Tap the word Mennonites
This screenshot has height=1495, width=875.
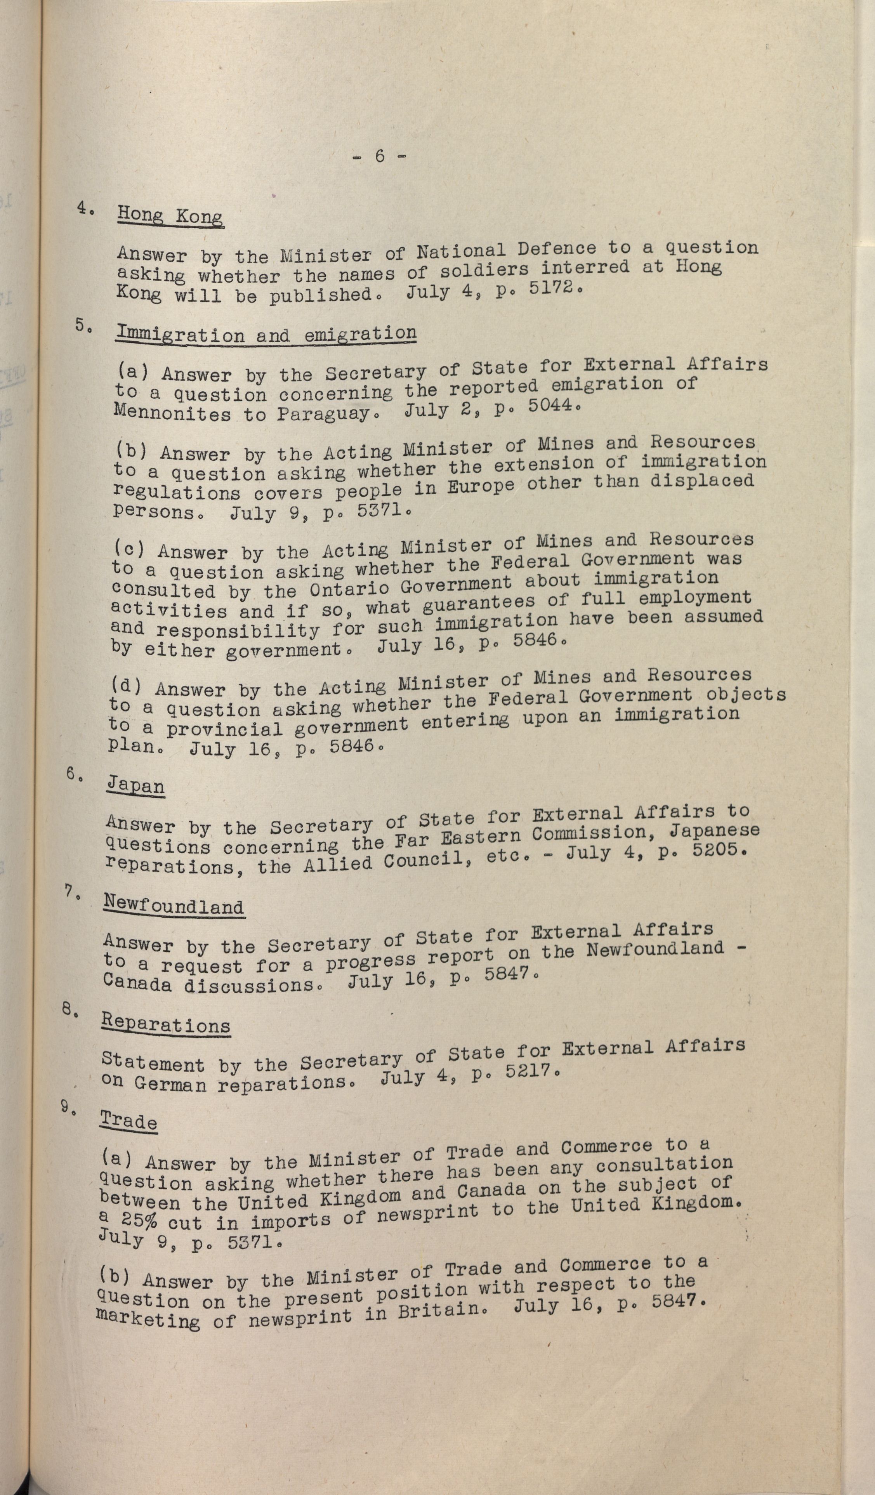coord(172,413)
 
